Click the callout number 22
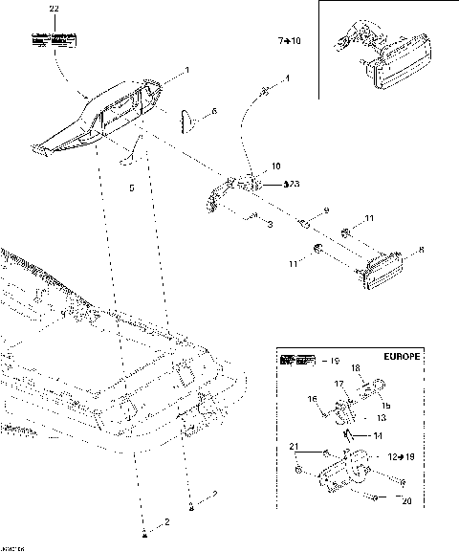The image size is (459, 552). pos(54,8)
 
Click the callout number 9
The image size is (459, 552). pos(326,210)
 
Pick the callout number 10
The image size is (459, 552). pos(277,166)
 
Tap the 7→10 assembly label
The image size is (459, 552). pos(288,42)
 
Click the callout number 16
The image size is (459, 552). pos(312,400)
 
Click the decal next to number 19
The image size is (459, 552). pos(296,362)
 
